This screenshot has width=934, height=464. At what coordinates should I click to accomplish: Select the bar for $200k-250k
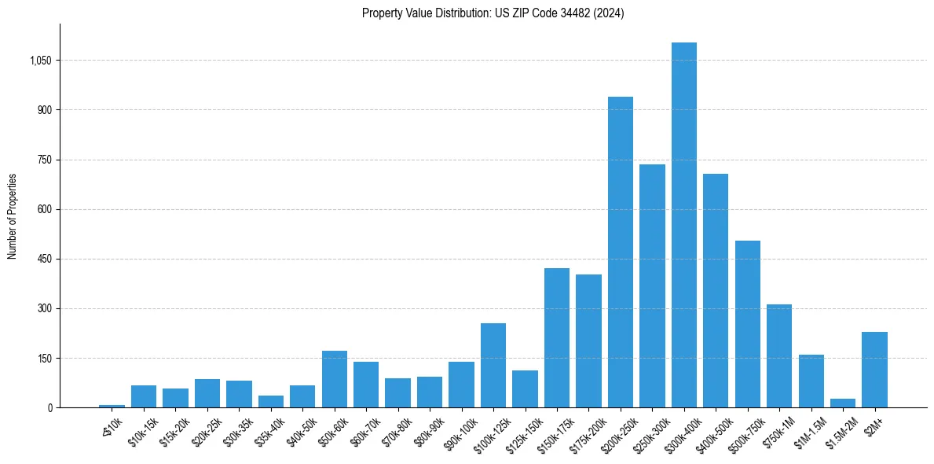[621, 252]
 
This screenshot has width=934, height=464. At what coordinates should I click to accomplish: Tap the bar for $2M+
[874, 370]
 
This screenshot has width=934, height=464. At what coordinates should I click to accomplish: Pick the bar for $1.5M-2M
[843, 403]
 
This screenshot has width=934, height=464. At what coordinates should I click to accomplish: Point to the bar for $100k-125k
[493, 366]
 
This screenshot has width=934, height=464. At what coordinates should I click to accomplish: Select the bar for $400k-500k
[716, 290]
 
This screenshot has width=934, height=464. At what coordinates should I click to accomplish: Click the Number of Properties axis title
[13, 216]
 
